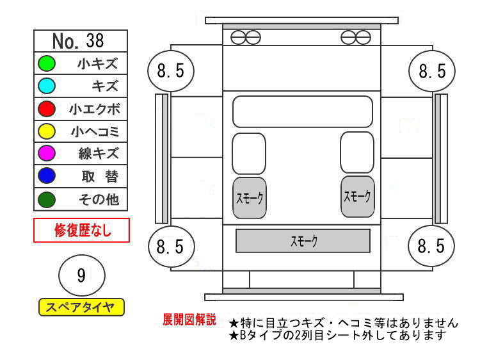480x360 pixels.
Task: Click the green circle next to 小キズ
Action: [x=47, y=63]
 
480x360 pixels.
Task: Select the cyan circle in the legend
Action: [x=47, y=86]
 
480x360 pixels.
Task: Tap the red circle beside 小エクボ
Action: [x=47, y=108]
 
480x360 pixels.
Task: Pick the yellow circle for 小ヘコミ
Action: [x=47, y=131]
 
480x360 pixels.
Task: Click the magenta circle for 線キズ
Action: [x=47, y=154]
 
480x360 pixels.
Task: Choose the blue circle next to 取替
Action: [x=47, y=176]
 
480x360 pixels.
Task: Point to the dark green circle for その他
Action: [x=47, y=199]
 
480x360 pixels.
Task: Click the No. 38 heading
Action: [x=80, y=41]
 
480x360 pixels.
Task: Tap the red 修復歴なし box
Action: [x=81, y=230]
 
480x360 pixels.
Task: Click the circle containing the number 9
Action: [x=81, y=276]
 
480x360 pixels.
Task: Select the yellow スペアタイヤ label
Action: [x=81, y=307]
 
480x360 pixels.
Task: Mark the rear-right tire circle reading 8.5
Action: [x=431, y=246]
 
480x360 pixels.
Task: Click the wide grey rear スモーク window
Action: [x=303, y=241]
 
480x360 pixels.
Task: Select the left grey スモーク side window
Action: [x=249, y=197]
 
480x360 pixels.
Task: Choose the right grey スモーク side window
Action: [x=356, y=196]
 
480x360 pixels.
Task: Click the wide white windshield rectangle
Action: [x=302, y=111]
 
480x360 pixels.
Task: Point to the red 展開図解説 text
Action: [x=189, y=319]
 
